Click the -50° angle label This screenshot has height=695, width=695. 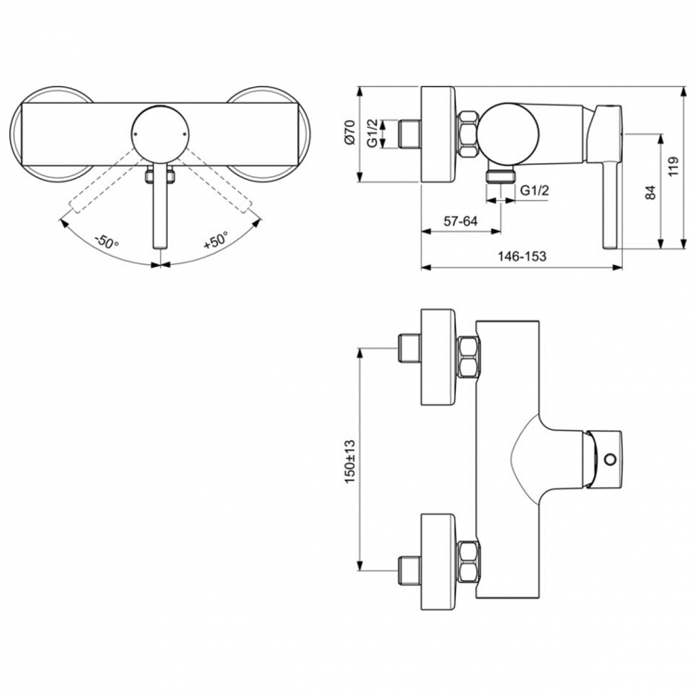[x=106, y=242]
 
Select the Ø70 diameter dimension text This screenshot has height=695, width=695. [x=350, y=135]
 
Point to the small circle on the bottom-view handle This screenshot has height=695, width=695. [x=609, y=458]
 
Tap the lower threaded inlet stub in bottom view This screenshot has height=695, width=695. [x=408, y=566]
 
